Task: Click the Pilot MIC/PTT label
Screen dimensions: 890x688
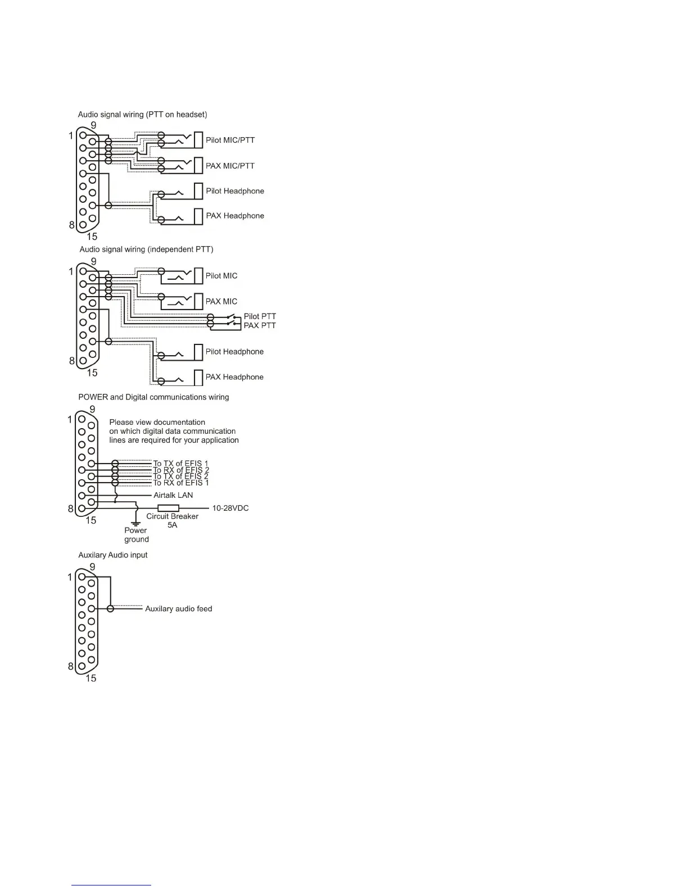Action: click(x=230, y=140)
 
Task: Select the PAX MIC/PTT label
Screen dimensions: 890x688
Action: click(x=230, y=166)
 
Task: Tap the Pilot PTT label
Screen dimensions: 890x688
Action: click(x=260, y=316)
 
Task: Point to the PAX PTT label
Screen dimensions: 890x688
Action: click(x=260, y=325)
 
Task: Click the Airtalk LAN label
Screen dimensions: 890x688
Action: click(x=173, y=495)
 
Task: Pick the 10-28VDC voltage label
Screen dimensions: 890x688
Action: click(x=230, y=508)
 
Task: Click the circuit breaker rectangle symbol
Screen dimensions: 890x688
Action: click(x=168, y=508)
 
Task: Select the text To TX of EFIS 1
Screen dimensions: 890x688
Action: click(x=180, y=464)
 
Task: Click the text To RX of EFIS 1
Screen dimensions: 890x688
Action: click(x=180, y=483)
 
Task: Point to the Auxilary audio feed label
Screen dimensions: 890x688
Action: click(x=178, y=609)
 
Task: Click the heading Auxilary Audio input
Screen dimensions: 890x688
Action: click(x=112, y=555)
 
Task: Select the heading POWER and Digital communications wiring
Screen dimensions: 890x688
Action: click(x=153, y=397)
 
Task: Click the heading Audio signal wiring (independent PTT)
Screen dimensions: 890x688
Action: click(x=146, y=249)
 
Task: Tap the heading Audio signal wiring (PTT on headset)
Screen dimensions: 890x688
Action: click(x=142, y=115)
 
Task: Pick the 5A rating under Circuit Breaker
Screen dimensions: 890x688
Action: click(x=172, y=525)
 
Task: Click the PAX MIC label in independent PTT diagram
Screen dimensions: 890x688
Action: click(x=221, y=302)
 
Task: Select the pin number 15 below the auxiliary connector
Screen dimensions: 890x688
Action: click(x=90, y=678)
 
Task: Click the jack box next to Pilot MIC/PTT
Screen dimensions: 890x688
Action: click(x=198, y=140)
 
